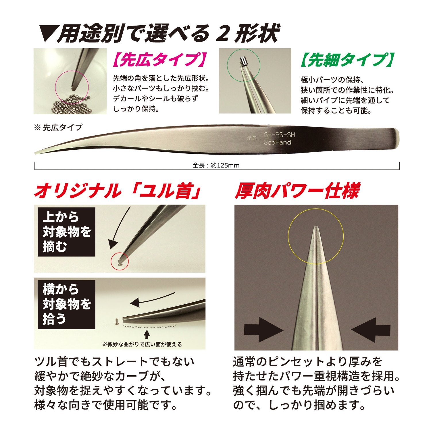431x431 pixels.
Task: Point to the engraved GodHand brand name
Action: pos(277,143)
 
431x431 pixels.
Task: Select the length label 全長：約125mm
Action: pos(216,166)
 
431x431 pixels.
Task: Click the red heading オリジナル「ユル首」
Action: pos(117,191)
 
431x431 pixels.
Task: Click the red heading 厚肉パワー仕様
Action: pos(297,191)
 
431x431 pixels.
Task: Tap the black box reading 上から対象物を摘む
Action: pos(66,232)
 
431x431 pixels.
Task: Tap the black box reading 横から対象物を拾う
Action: pos(66,305)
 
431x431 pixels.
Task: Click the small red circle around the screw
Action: pos(120,261)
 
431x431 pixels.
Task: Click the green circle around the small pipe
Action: pos(244,66)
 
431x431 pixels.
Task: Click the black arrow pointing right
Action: pos(263,330)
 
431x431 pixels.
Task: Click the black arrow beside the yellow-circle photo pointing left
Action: pos(371,330)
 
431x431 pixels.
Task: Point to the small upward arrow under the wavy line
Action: pos(147,335)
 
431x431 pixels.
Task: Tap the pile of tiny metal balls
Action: pos(72,103)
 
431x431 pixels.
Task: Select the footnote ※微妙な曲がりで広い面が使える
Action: pos(142,344)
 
